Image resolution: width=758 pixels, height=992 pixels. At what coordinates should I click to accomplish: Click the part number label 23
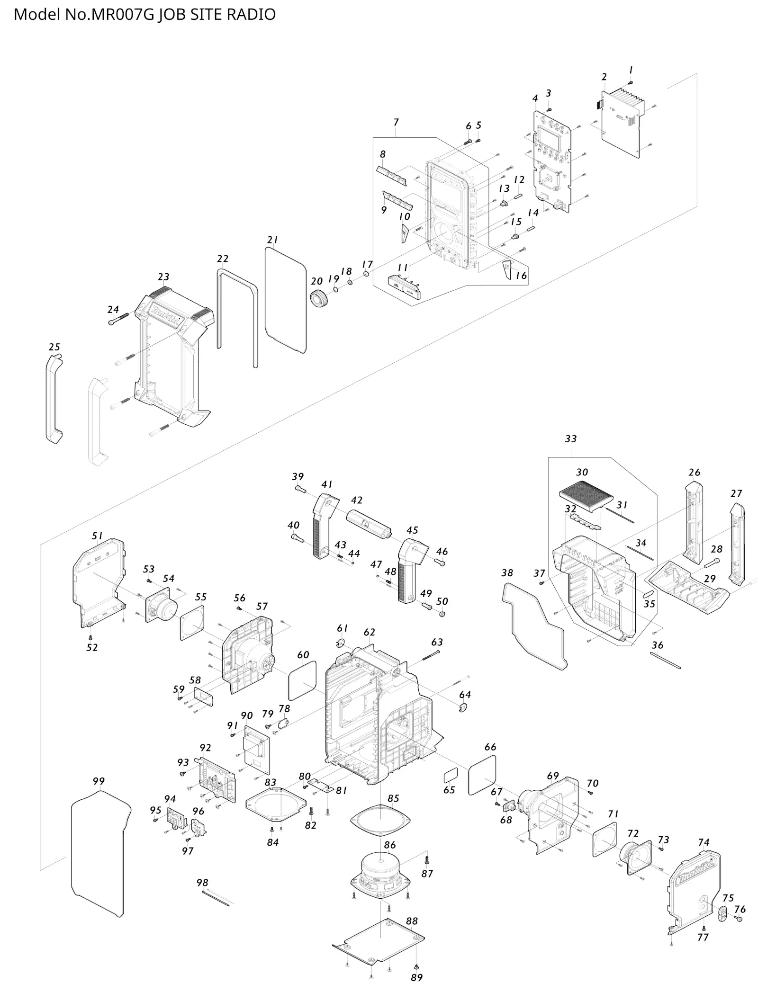pos(163,277)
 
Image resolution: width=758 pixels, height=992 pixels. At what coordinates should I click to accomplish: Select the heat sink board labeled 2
pos(622,123)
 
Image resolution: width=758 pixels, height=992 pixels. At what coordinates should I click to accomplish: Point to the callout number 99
pos(99,781)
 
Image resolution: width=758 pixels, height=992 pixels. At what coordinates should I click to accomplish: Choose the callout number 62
pos(370,632)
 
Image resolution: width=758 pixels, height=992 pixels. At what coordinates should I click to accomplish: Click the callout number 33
pos(571,438)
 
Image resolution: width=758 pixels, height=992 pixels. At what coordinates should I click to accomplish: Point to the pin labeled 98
pos(215,898)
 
